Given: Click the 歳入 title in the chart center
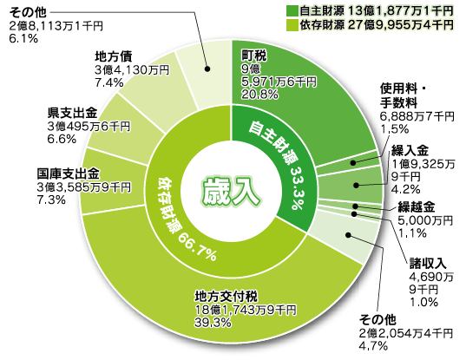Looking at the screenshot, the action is point(231,193).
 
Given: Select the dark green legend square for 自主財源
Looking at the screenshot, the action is point(292,11).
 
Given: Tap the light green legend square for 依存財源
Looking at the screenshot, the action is point(292,25).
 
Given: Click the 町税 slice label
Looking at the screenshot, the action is point(253,56).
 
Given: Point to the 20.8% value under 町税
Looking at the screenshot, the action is point(259,95).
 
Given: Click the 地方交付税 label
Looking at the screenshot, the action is point(226,296).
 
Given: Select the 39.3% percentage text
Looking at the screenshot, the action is point(213,323).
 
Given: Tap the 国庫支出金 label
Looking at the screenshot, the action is point(69,173).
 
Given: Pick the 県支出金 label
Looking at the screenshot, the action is point(73,113).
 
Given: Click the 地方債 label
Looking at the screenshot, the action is point(114,56).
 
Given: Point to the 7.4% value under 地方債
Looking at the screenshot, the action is point(109,82).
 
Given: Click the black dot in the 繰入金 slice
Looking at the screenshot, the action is point(356,186).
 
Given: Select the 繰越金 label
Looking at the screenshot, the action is point(416,207).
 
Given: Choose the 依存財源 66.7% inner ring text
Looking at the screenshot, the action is point(185,219).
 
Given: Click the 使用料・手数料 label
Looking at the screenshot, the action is point(403,95).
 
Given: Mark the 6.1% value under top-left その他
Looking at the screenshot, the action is point(23,39).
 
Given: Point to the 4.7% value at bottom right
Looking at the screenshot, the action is point(373,346).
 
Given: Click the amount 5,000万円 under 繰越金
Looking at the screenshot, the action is point(425,220).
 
